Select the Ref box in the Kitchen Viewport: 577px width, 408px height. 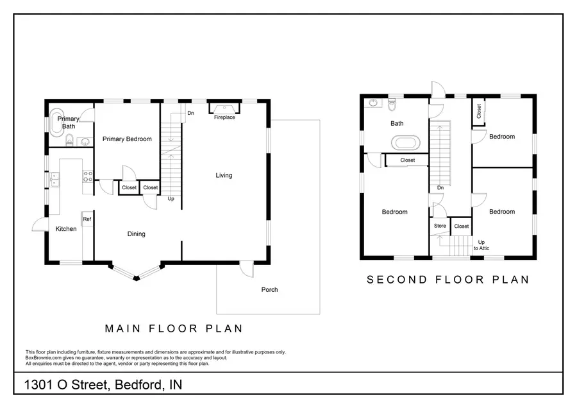coord(87,219)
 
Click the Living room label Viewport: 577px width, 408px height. coord(224,175)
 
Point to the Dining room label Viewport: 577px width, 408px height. coord(136,234)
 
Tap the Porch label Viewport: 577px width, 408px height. coord(269,290)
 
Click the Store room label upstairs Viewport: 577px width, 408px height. coord(440,226)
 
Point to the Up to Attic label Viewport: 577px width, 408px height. coord(481,244)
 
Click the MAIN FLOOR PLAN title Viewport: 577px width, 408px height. coord(174,328)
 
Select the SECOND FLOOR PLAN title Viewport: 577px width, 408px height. coord(447,280)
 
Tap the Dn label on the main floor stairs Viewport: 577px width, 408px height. coord(190,114)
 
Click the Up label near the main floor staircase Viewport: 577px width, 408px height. coord(171,199)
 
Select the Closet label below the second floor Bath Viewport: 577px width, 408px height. coord(407,160)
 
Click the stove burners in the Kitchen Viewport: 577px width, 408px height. coord(88,176)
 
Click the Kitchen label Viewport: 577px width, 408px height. coord(66,229)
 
